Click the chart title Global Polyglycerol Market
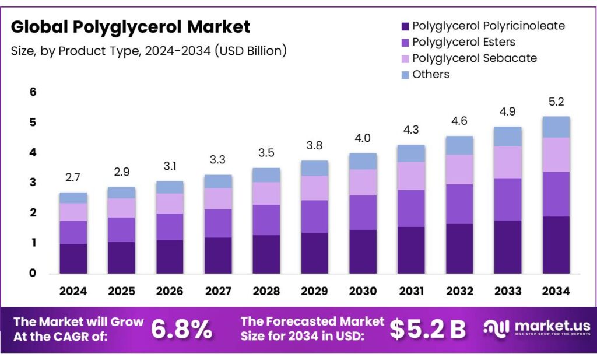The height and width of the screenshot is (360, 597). (131, 27)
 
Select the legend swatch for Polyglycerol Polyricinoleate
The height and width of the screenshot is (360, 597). (405, 26)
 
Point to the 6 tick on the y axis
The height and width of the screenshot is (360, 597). (33, 92)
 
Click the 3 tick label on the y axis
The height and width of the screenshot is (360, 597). (33, 183)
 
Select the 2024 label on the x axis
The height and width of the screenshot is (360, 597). (73, 291)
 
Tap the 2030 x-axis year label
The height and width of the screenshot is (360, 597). (363, 291)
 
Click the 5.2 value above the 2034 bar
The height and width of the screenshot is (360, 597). (556, 103)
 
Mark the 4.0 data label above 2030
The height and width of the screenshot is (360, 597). (363, 139)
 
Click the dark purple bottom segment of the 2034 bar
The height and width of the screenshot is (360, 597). (556, 245)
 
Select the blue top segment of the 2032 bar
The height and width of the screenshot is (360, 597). (459, 145)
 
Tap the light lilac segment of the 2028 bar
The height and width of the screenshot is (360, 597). (266, 193)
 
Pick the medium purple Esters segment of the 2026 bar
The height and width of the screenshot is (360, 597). (170, 227)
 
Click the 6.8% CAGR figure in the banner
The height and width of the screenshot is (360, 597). (181, 330)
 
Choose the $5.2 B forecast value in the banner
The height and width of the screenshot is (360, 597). (427, 330)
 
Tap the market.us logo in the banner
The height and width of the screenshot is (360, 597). (536, 328)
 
